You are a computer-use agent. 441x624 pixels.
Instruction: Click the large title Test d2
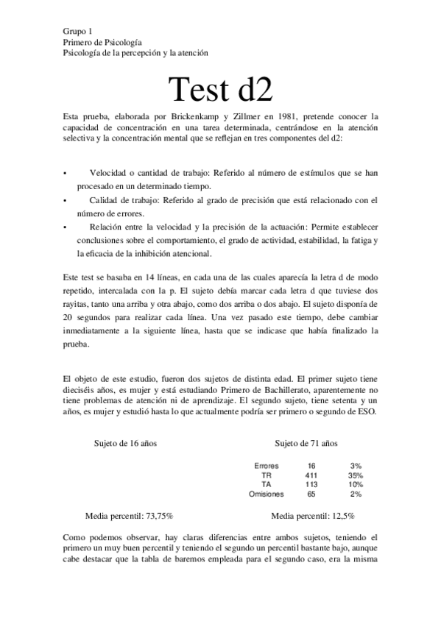pos(220,89)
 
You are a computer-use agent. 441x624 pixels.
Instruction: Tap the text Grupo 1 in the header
pos(78,31)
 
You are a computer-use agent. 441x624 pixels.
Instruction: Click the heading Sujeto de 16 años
pos(126,444)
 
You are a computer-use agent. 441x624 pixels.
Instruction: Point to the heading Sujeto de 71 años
pos(306,444)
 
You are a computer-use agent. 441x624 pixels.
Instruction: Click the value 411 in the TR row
pos(311,476)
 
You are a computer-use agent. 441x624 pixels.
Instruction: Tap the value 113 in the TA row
pos(311,485)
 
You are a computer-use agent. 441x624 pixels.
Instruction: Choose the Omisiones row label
pos(266,494)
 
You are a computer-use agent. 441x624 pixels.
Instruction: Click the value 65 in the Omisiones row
pos(311,494)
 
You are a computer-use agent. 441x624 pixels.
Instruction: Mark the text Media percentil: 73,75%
pos(130,516)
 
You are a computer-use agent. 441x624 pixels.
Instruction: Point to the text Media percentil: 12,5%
pos(313,516)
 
